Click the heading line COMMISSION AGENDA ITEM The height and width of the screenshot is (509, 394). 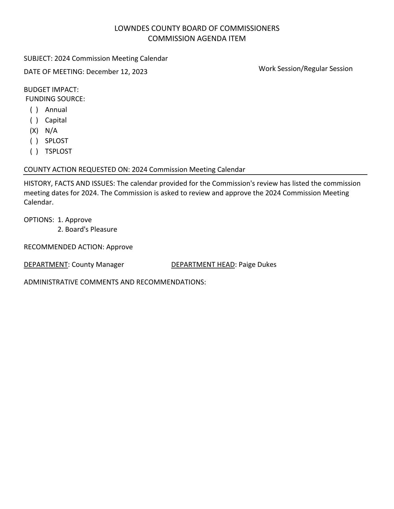[197, 39]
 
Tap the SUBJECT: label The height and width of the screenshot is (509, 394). [38, 59]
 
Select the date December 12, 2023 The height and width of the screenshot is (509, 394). [117, 72]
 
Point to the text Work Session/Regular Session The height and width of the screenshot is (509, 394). [305, 69]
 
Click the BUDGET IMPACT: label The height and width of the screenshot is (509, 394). [51, 90]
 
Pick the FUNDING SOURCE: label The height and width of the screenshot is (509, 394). [55, 99]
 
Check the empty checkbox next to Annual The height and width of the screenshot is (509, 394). [34, 110]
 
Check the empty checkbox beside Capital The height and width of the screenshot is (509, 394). [34, 120]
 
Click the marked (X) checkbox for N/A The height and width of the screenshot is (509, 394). [34, 131]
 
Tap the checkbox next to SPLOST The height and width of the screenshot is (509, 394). [34, 141]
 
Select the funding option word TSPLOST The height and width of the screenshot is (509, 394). [58, 151]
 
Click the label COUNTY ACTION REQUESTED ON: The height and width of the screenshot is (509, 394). [77, 170]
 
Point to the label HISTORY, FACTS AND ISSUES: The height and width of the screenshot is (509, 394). [70, 184]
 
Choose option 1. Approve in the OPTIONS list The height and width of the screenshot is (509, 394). [75, 220]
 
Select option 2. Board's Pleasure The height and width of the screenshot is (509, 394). [87, 230]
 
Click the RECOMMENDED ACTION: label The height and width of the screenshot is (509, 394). [64, 247]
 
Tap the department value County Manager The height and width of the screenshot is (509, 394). [98, 265]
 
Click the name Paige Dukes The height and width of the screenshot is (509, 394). [257, 265]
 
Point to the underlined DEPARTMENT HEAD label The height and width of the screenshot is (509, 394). [203, 265]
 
